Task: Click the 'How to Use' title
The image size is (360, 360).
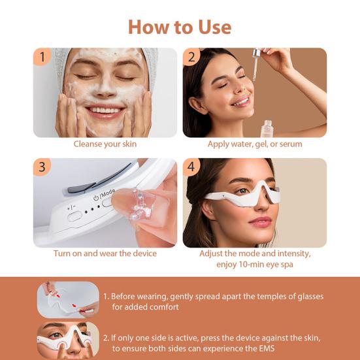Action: click(180, 27)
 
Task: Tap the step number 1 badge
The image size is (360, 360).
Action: click(42, 56)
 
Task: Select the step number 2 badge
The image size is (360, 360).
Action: click(191, 57)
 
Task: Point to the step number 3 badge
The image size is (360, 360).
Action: click(42, 167)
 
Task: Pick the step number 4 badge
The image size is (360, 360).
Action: click(191, 167)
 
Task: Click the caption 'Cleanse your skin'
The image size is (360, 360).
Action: click(105, 144)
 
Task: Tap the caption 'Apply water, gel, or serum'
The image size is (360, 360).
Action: click(255, 144)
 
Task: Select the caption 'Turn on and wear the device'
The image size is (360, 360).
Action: click(105, 254)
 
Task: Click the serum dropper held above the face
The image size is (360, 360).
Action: click(255, 64)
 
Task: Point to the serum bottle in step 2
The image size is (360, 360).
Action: click(267, 129)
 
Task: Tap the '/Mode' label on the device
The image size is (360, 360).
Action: click(107, 193)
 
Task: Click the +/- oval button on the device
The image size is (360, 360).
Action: click(74, 216)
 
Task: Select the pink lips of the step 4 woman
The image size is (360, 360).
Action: click(260, 221)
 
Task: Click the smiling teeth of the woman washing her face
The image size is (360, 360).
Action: click(105, 110)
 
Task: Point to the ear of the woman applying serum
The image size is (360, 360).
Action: click(198, 105)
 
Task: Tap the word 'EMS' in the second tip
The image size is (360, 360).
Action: click(267, 348)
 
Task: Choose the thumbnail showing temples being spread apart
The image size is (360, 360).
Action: click(68, 300)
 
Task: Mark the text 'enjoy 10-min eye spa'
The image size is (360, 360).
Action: click(255, 264)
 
